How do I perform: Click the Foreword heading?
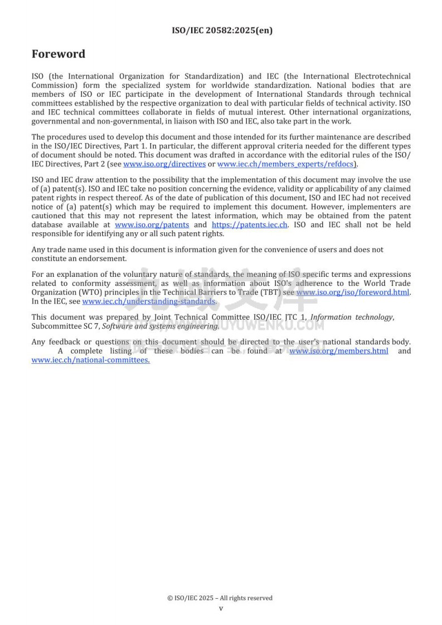[x=59, y=54]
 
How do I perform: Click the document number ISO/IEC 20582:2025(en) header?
[x=222, y=31]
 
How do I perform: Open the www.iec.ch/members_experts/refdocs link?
[x=286, y=164]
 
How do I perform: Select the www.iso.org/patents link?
[x=152, y=225]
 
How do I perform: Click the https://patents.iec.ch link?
[x=250, y=225]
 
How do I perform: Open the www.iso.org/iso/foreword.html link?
[x=353, y=292]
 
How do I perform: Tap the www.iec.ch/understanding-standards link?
[x=148, y=301]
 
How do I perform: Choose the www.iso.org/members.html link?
[x=338, y=351]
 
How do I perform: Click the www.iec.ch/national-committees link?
[x=90, y=360]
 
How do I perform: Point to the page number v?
[x=221, y=608]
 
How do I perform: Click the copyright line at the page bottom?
[x=220, y=598]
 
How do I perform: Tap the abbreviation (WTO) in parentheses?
[x=84, y=292]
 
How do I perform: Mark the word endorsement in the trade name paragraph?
[x=106, y=259]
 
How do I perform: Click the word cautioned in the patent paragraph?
[x=49, y=216]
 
